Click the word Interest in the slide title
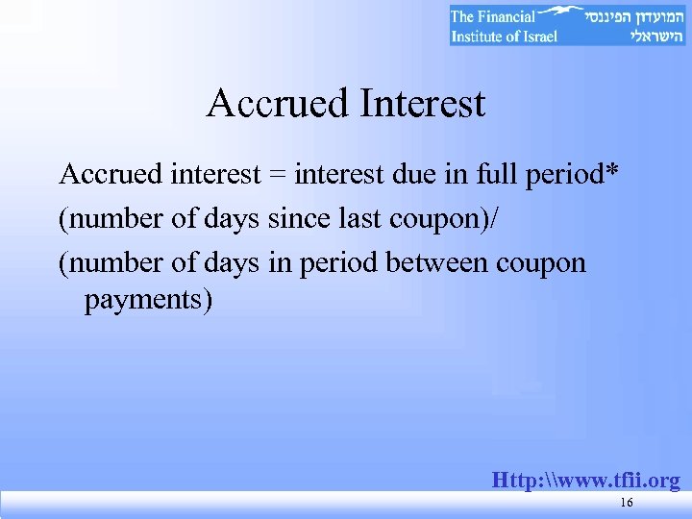(x=422, y=103)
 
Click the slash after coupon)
(x=494, y=220)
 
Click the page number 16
(x=627, y=505)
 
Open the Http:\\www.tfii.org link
(x=585, y=480)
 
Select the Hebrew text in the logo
(x=634, y=26)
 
